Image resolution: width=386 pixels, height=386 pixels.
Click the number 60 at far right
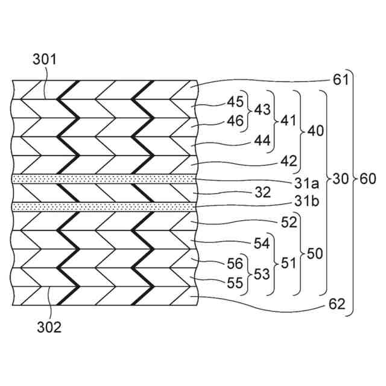[x=368, y=179]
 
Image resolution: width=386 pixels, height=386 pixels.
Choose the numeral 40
[x=315, y=130]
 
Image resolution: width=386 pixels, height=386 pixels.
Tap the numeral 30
[x=341, y=179]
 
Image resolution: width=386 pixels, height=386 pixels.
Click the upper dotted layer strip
[x=105, y=179]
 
